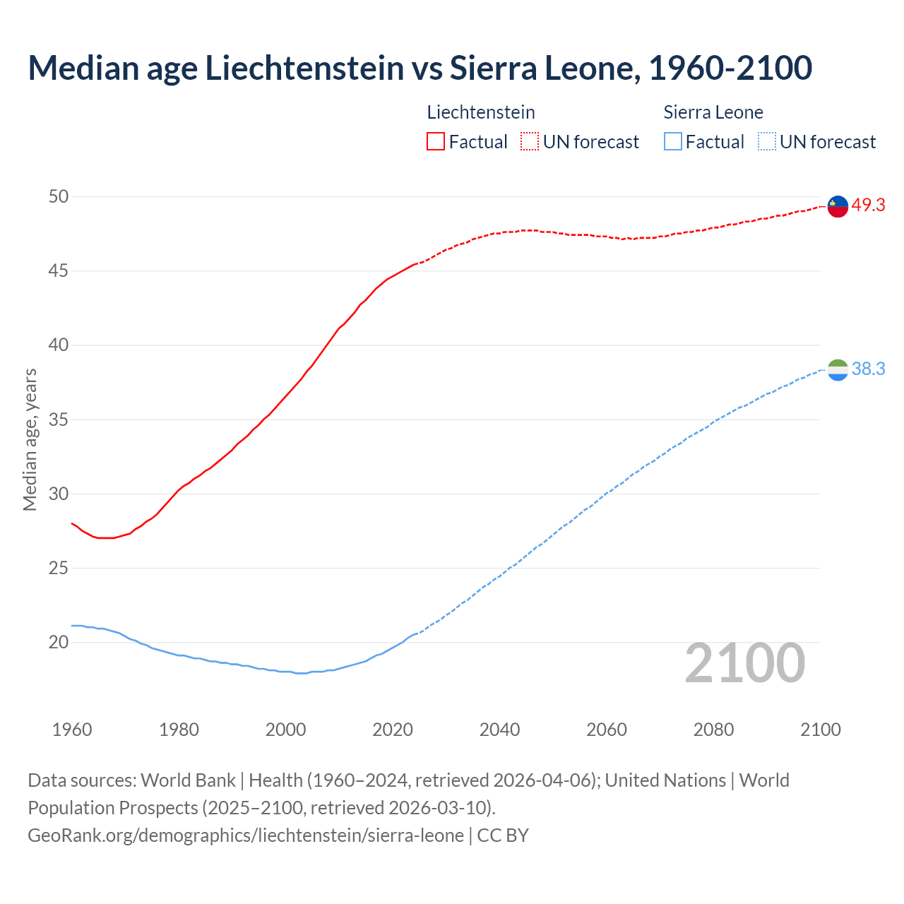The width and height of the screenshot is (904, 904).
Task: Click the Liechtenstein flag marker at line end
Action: (838, 206)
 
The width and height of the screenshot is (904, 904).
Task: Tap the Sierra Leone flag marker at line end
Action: (838, 370)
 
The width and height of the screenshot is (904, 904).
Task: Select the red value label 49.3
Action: (868, 206)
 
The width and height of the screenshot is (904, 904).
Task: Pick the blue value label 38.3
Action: (868, 369)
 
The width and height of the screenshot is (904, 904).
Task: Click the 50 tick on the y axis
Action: (59, 196)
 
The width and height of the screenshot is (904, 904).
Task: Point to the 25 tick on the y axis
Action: (59, 568)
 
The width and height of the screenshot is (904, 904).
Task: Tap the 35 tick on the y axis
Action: (59, 420)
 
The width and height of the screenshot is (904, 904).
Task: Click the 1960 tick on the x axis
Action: (72, 730)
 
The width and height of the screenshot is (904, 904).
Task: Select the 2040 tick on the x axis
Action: (499, 730)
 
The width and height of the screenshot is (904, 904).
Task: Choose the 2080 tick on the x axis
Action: (713, 730)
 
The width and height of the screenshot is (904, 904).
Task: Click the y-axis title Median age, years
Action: (30, 439)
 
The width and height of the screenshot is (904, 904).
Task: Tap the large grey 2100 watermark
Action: (744, 662)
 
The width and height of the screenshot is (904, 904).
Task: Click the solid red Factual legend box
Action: (436, 141)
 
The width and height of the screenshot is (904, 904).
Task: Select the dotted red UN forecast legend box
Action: (530, 141)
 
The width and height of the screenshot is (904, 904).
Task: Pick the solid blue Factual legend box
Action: (673, 141)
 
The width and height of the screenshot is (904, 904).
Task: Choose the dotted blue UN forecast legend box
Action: (766, 141)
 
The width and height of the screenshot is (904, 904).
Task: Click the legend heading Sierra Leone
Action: (713, 112)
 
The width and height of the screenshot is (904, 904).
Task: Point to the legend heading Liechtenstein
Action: (481, 112)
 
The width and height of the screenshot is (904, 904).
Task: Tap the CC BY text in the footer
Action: (503, 835)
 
